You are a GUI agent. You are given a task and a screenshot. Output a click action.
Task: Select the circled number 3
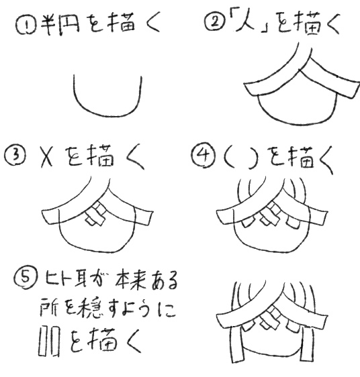15,156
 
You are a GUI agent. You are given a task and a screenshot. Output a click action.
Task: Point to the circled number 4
204,156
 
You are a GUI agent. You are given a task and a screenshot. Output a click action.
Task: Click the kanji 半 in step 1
48,25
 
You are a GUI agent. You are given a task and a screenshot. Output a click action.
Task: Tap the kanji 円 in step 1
69,25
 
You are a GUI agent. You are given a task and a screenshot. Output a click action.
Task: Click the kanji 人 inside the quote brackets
245,22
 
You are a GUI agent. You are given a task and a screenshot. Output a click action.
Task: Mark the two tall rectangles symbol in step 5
49,341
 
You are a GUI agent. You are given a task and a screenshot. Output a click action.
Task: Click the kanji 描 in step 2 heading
307,23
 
